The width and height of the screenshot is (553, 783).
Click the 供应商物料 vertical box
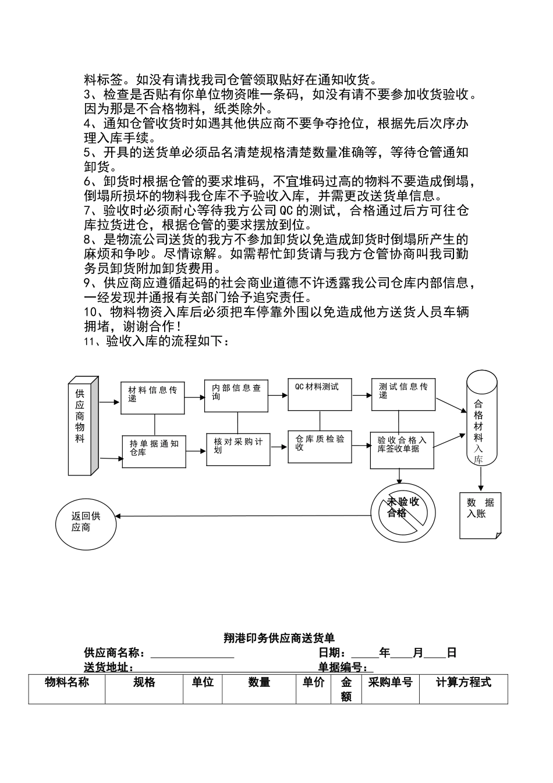coord(81,426)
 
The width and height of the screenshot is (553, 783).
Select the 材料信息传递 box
coord(153,398)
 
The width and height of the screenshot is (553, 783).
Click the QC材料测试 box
coord(320,395)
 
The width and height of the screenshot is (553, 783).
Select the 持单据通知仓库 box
coord(154,451)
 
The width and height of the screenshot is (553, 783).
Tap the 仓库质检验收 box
coord(320,446)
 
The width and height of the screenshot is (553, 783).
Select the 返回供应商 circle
coord(86,521)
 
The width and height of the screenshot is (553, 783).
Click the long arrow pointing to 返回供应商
coord(244,516)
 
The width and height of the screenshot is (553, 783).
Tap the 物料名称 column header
coord(67,682)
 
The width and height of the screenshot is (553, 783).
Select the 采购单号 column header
coord(390,682)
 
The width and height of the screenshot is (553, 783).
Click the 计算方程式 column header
coord(463,682)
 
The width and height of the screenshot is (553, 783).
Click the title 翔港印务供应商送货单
coord(279,638)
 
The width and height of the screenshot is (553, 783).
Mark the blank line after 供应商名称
coord(192,654)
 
